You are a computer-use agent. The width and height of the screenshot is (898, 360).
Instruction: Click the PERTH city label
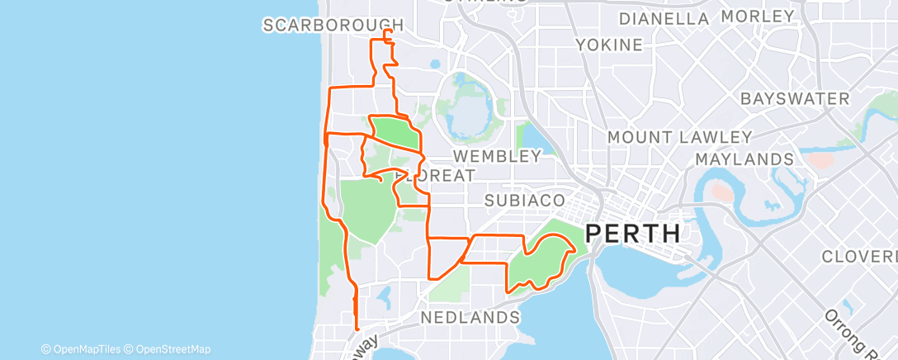pyautogui.click(x=633, y=234)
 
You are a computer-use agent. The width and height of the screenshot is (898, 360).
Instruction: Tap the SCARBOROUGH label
pyautogui.click(x=333, y=26)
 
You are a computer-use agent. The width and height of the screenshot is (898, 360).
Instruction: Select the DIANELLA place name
pyautogui.click(x=664, y=18)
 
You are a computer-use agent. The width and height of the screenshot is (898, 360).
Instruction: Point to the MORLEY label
pyautogui.click(x=757, y=17)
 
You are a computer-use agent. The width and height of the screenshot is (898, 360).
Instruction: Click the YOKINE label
pyautogui.click(x=609, y=44)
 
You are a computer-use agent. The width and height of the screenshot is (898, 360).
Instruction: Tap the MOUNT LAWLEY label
pyautogui.click(x=679, y=137)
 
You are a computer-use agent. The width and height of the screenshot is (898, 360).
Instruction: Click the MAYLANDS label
pyautogui.click(x=744, y=159)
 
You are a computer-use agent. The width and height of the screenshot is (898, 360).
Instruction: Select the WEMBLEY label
pyautogui.click(x=496, y=155)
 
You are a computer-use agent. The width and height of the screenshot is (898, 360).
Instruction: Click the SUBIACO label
pyautogui.click(x=525, y=201)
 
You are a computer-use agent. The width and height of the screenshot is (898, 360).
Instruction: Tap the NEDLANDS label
pyautogui.click(x=470, y=317)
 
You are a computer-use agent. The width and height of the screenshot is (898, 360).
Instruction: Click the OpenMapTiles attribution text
pyautogui.click(x=85, y=349)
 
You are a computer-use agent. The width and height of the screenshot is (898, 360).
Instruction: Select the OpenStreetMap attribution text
pyautogui.click(x=173, y=349)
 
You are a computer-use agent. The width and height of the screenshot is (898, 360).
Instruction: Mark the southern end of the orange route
pyautogui.click(x=357, y=329)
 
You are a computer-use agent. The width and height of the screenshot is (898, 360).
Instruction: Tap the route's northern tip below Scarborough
pyautogui.click(x=388, y=31)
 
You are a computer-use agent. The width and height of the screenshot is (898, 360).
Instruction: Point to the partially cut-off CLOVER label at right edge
pyautogui.click(x=858, y=257)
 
